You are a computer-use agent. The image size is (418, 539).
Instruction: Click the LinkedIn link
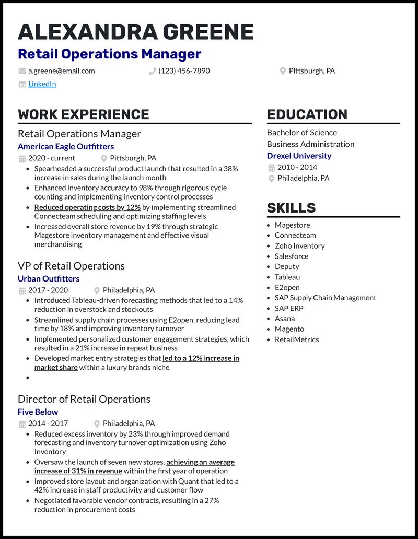click(42, 84)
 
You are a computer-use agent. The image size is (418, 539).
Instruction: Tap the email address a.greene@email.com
click(62, 71)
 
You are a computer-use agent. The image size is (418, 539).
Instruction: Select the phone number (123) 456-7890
click(184, 71)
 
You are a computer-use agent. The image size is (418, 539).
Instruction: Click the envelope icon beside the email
click(22, 71)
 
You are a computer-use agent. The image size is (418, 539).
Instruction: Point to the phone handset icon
click(153, 71)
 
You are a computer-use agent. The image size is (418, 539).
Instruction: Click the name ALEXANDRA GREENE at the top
click(136, 32)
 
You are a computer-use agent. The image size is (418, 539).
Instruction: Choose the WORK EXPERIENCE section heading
click(84, 114)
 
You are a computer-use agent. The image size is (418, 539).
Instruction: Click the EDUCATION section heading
click(307, 114)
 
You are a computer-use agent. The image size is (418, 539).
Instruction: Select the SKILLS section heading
click(292, 207)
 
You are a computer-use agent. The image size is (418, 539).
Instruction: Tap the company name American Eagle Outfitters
click(66, 146)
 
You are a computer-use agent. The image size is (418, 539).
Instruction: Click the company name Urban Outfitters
click(49, 278)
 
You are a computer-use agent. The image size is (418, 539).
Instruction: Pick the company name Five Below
click(38, 412)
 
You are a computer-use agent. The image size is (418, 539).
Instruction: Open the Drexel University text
click(299, 156)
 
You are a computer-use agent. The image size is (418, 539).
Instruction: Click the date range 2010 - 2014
click(297, 167)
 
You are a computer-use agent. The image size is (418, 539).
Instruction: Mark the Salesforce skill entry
click(292, 256)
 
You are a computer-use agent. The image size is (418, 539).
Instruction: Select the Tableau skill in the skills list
click(287, 277)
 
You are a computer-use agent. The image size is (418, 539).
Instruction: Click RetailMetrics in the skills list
click(297, 339)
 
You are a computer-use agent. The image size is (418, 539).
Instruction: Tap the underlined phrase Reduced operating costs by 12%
click(87, 207)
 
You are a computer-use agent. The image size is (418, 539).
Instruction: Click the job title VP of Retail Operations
click(71, 266)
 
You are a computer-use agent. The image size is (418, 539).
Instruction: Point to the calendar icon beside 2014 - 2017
click(22, 424)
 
